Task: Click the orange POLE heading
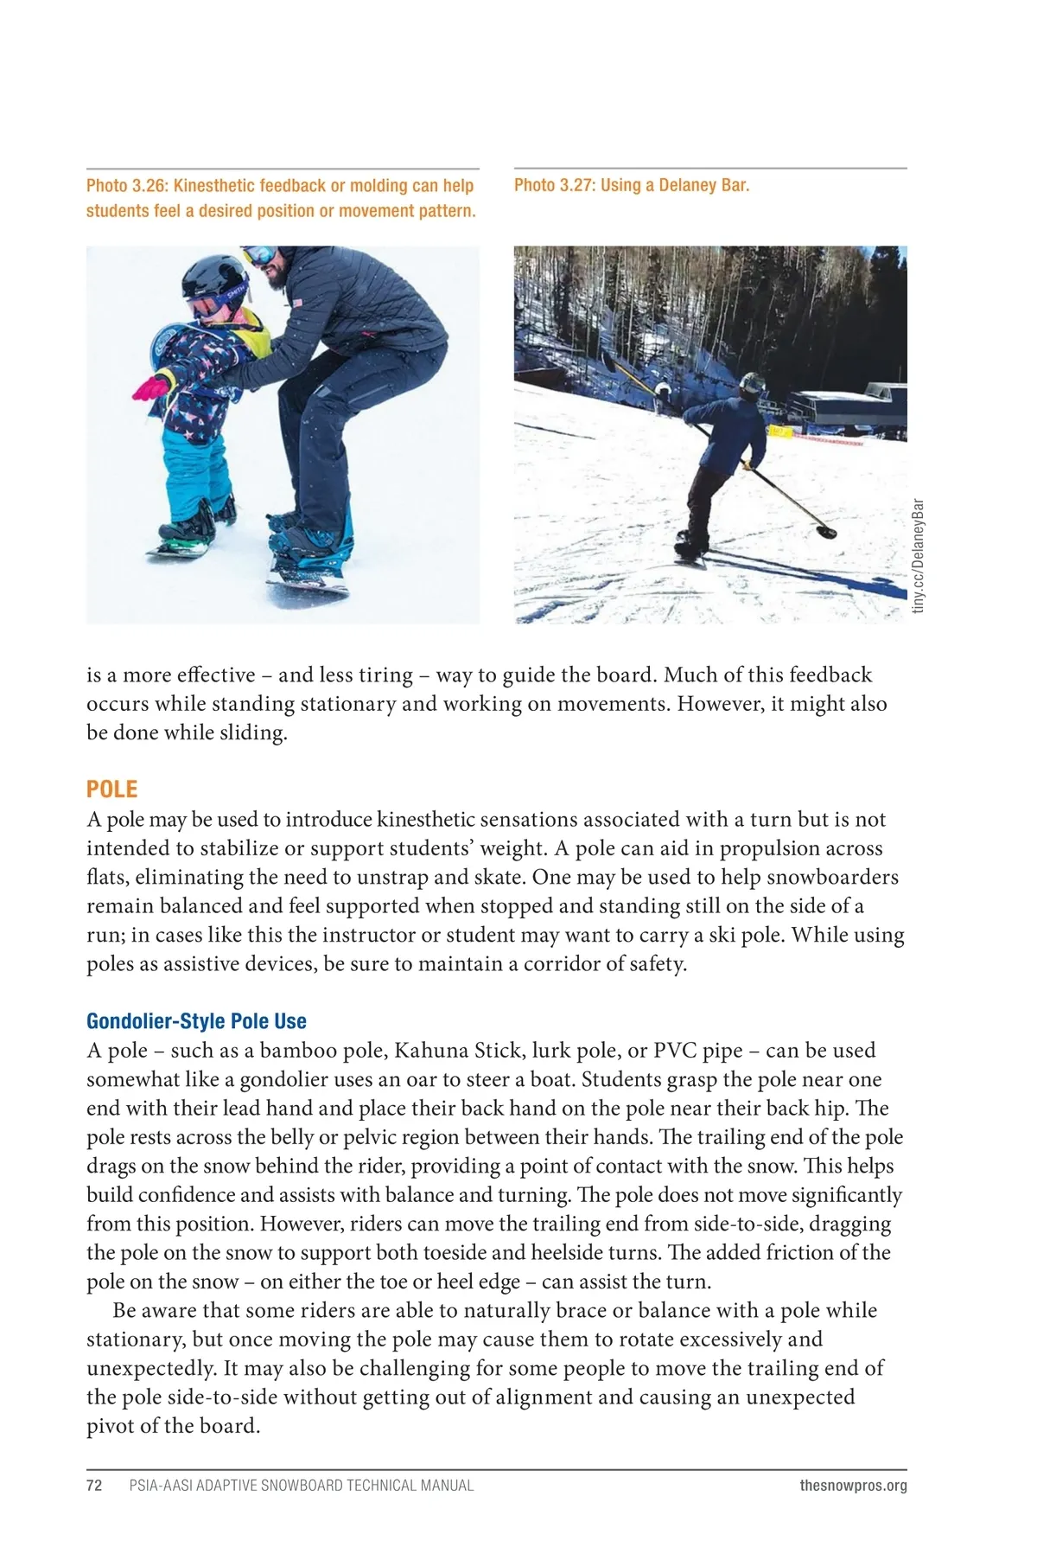tap(111, 789)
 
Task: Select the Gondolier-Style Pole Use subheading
tap(196, 1021)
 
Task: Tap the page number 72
tap(94, 1486)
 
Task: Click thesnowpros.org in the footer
tap(853, 1486)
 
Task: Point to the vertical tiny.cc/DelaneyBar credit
tap(919, 556)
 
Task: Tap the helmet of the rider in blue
tap(752, 383)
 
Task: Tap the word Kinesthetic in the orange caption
tap(226, 186)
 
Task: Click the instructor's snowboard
tap(309, 585)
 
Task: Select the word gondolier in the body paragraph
tap(283, 1079)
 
